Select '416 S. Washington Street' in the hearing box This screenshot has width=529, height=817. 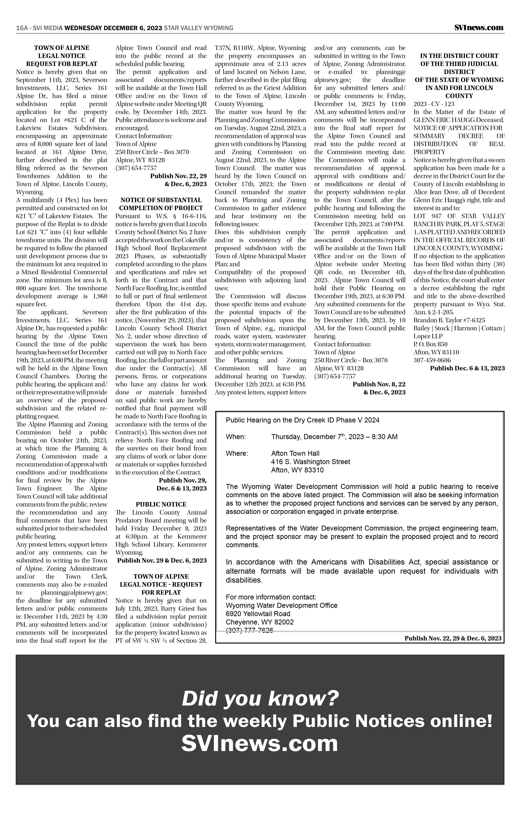(310, 462)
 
